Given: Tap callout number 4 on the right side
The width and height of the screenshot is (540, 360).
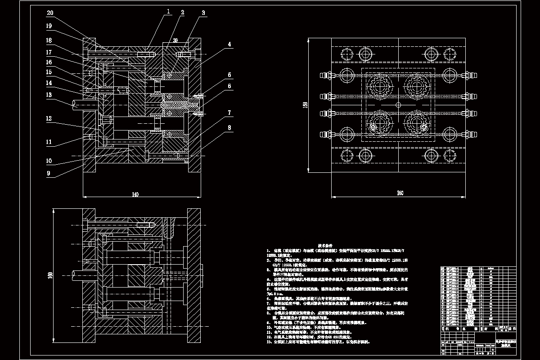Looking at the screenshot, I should click(229, 45).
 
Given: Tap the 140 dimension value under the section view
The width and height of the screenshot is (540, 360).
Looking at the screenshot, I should click(135, 194).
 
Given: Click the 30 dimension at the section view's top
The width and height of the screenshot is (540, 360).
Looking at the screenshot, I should click(175, 40).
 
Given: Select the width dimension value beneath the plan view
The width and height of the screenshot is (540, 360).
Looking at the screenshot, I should click(400, 193).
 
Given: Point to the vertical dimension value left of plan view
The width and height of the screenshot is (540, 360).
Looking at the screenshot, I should click(306, 104).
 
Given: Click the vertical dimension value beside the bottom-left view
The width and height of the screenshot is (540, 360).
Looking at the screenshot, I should click(51, 274).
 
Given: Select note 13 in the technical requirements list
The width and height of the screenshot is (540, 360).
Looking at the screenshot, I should click(319, 342).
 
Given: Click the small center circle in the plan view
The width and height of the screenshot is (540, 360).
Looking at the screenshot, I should click(399, 104).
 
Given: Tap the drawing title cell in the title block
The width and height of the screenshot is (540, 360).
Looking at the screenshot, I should click(506, 343).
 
